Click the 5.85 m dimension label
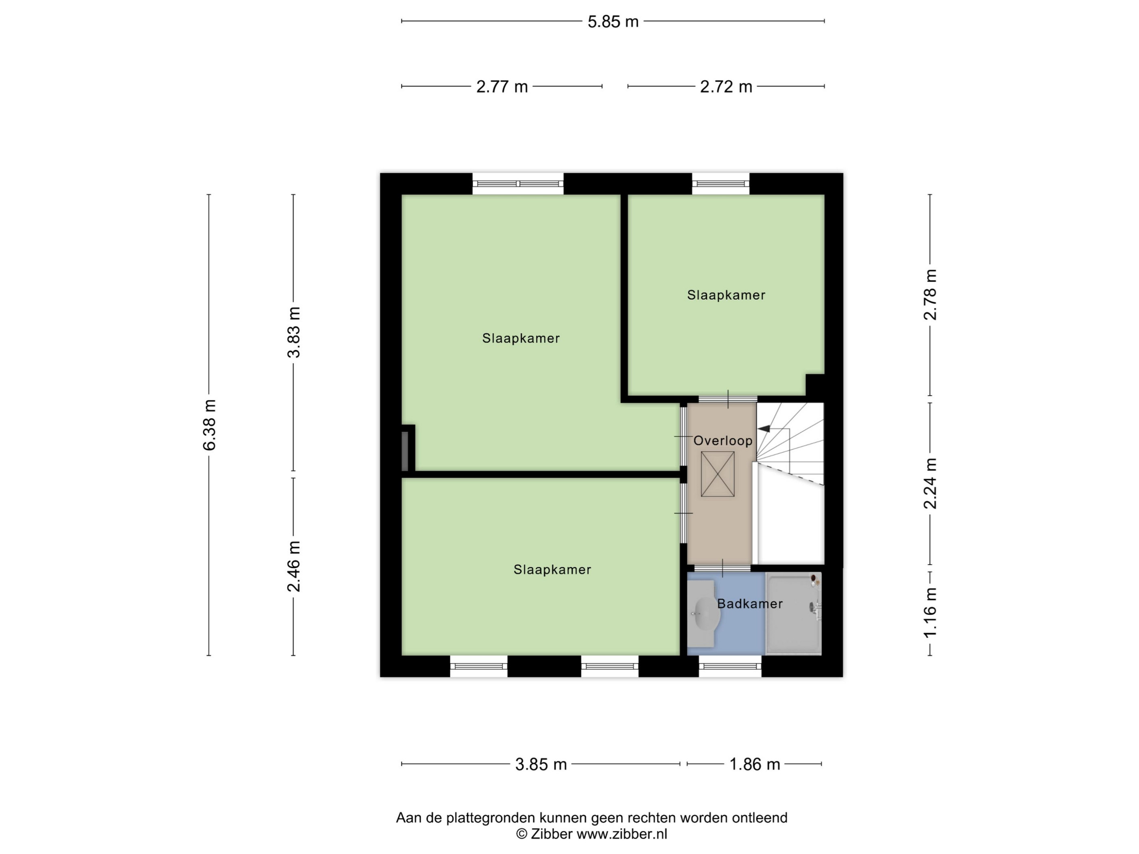point(613,22)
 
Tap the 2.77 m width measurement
point(502,87)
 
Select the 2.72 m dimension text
point(726,87)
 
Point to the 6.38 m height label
point(209,425)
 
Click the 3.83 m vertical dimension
point(294,332)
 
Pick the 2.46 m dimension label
point(294,566)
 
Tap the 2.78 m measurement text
point(930,294)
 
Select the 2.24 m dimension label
point(930,484)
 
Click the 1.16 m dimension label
point(930,612)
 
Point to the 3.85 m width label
point(541,765)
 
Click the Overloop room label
point(723,441)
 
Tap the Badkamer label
point(750,604)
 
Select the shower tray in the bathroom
point(793,614)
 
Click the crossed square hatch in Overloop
point(718,474)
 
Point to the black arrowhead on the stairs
point(764,428)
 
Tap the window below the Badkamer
point(730,666)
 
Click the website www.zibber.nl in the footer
point(622,834)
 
